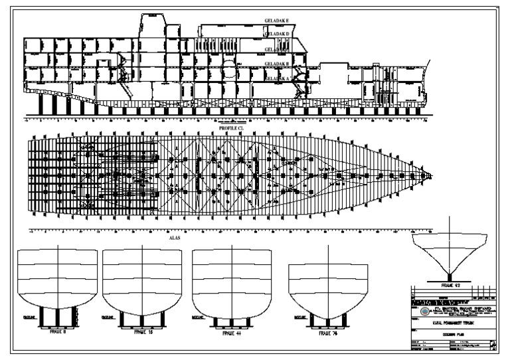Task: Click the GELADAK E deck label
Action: coord(278,21)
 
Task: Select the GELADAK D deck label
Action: coord(278,34)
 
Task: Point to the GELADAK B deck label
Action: coord(278,64)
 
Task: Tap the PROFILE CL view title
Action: coord(232,128)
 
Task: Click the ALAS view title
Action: coord(175,236)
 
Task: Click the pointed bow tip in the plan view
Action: coord(431,176)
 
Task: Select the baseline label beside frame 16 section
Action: coord(106,317)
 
